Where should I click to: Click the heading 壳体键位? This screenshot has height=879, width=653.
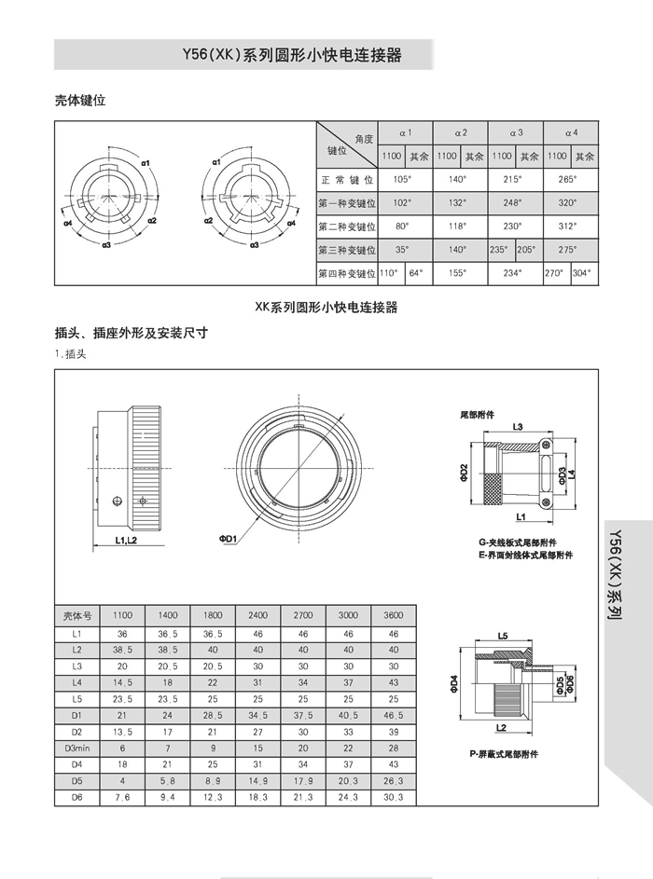(x=80, y=101)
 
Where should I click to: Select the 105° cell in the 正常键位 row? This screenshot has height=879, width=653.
(x=403, y=179)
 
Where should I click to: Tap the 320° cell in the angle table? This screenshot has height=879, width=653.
(x=569, y=202)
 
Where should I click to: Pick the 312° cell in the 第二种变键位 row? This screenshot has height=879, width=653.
(x=569, y=226)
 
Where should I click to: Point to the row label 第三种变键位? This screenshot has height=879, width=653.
(x=346, y=250)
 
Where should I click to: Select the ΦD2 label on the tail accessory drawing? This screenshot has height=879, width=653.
(x=464, y=474)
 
